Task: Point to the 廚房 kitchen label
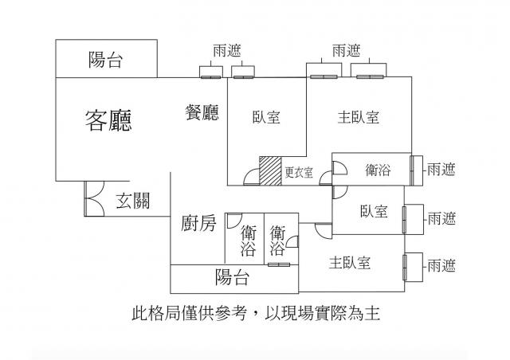[x=198, y=224]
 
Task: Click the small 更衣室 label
[x=299, y=171]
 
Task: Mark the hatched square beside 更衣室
[x=270, y=170]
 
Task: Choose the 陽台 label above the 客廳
[x=106, y=61]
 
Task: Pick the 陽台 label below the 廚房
[x=233, y=278]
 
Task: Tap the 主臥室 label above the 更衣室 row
[x=358, y=117]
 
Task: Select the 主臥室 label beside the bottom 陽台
[x=350, y=262]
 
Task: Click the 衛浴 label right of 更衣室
[x=378, y=169]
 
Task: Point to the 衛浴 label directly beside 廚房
[x=248, y=241]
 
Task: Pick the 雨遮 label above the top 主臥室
[x=345, y=50]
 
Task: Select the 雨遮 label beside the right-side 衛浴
[x=441, y=169]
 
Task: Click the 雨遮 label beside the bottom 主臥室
[x=441, y=264]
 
